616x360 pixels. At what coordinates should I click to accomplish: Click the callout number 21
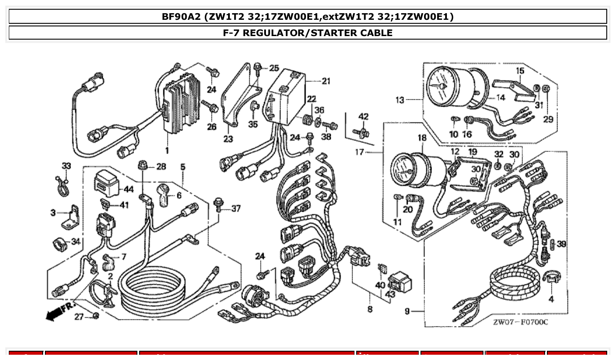click(326, 81)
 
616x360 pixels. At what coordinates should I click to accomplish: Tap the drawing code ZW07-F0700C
click(520, 323)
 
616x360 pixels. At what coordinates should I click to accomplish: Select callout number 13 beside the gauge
click(399, 100)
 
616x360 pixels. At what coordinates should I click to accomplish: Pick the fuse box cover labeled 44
click(107, 181)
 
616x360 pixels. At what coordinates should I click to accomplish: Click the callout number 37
click(236, 209)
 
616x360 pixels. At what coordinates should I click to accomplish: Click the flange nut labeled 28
click(142, 166)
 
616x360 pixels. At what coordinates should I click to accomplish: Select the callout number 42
click(363, 117)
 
